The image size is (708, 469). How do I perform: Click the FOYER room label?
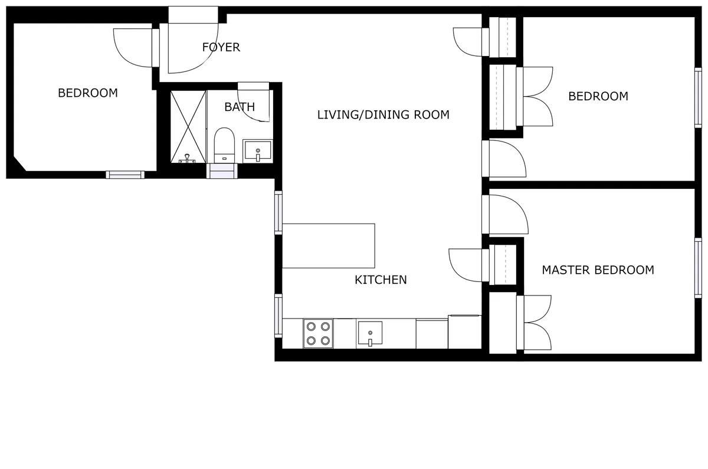[x=221, y=47]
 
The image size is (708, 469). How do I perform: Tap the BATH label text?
[x=240, y=107]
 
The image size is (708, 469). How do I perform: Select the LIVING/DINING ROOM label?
[x=383, y=114]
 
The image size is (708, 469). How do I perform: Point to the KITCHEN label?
[x=381, y=280]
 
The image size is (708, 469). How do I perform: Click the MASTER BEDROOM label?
[x=598, y=270]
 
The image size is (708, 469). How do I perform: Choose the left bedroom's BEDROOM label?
[x=87, y=93]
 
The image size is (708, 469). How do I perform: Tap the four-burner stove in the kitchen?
[x=318, y=333]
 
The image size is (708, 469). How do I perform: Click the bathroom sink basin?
[x=258, y=151]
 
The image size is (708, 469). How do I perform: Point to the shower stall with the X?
[x=188, y=126]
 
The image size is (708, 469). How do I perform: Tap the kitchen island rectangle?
[x=329, y=245]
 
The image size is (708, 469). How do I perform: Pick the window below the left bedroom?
[x=125, y=175]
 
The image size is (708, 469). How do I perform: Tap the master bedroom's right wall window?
[x=699, y=267]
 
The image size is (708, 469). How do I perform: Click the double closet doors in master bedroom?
[x=536, y=323]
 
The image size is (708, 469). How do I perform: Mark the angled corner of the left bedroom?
[x=20, y=164]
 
